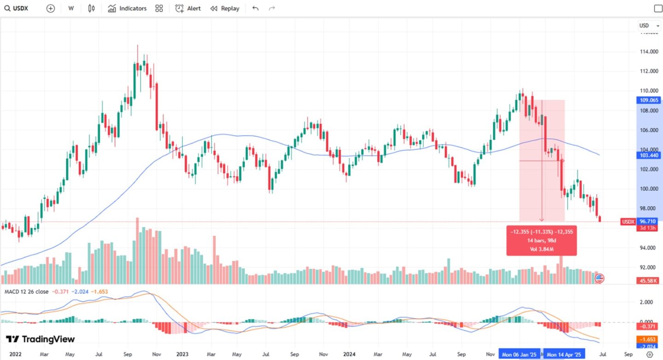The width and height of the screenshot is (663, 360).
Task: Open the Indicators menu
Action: tap(128, 8)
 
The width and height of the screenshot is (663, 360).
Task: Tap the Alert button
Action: tap(188, 8)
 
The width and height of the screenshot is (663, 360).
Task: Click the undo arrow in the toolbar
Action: tap(256, 8)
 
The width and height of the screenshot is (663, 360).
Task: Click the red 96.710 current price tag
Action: tap(648, 221)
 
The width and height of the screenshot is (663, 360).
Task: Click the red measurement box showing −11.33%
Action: tap(541, 241)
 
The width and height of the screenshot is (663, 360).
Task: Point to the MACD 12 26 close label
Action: tap(26, 291)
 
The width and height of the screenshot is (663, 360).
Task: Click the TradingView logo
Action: tap(40, 339)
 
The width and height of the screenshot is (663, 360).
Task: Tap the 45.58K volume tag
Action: tap(648, 280)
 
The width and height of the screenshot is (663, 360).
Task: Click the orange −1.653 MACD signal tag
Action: tap(649, 339)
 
